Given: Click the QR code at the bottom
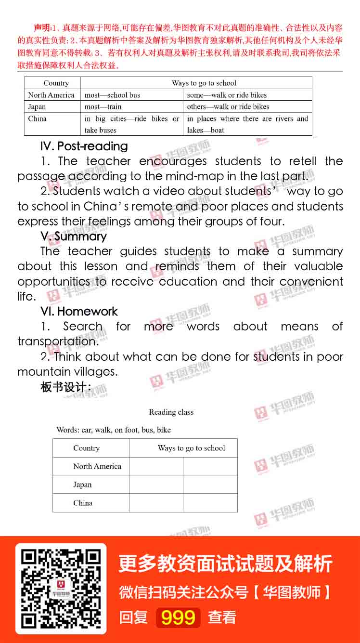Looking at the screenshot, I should pyautogui.click(x=61, y=589).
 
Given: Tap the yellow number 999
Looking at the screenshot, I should pyautogui.click(x=178, y=617).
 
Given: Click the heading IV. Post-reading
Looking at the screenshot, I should pyautogui.click(x=84, y=146).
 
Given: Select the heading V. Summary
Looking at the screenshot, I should pyautogui.click(x=74, y=236).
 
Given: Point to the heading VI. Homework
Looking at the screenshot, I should pyautogui.click(x=79, y=312).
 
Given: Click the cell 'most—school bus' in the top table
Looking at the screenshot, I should pyautogui.click(x=112, y=95).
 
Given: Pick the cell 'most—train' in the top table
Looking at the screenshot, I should pyautogui.click(x=103, y=107).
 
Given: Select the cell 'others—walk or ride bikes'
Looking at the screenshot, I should pyautogui.click(x=228, y=107).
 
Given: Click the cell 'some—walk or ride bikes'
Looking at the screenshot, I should pyautogui.click(x=227, y=95).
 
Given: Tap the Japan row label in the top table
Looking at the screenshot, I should pyautogui.click(x=37, y=107).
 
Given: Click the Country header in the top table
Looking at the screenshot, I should pyautogui.click(x=56, y=83).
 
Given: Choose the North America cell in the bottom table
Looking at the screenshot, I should pyautogui.click(x=97, y=466).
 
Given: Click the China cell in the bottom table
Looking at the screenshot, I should pyautogui.click(x=83, y=503).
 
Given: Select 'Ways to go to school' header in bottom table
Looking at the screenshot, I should pyautogui.click(x=191, y=448).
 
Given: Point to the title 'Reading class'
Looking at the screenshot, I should pyautogui.click(x=171, y=412).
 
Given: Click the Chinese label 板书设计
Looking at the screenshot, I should pyautogui.click(x=66, y=387).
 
